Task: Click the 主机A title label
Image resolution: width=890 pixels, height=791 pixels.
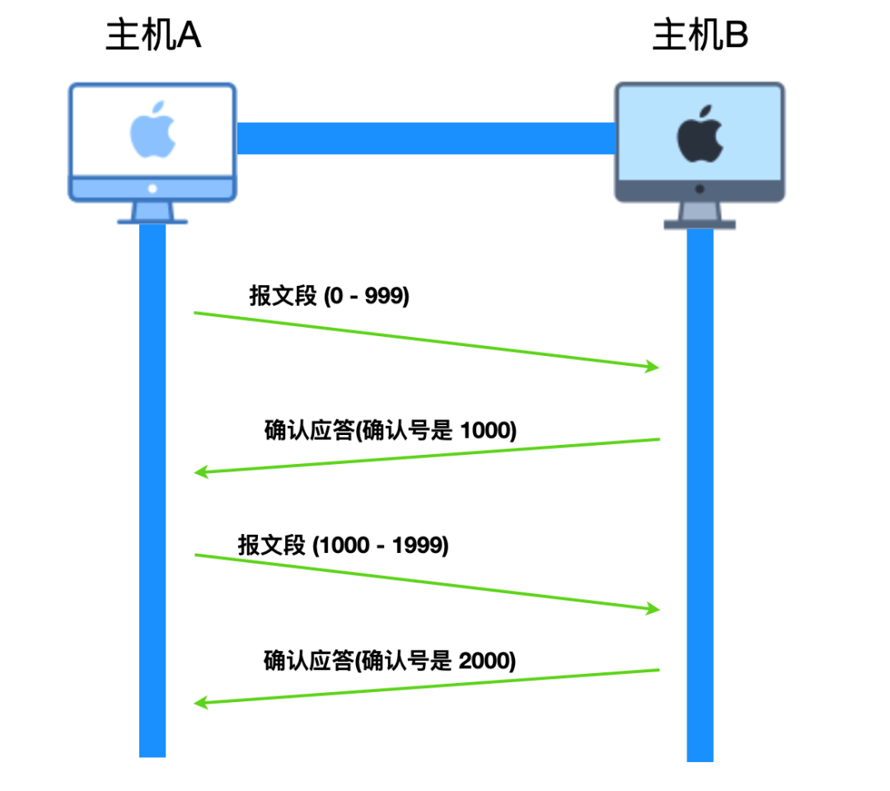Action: click(153, 36)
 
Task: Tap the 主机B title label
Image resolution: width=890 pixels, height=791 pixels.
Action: click(700, 36)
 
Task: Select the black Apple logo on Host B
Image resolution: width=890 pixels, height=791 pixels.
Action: click(700, 134)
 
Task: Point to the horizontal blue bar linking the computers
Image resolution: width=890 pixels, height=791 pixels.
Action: click(425, 138)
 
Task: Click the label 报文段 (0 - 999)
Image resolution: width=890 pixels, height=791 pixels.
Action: click(329, 297)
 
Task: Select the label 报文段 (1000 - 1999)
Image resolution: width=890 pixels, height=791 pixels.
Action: click(343, 545)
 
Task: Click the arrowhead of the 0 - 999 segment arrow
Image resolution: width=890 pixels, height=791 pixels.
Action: click(653, 367)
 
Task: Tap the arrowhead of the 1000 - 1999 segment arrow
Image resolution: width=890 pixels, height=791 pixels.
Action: click(653, 609)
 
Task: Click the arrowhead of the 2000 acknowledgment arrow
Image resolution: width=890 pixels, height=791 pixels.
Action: click(200, 703)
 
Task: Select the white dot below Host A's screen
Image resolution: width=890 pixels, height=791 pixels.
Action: click(152, 189)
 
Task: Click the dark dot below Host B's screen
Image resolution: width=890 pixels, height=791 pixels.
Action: click(700, 189)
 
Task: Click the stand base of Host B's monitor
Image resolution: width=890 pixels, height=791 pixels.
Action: click(700, 224)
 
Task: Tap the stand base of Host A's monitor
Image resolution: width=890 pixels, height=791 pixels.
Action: click(152, 220)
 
